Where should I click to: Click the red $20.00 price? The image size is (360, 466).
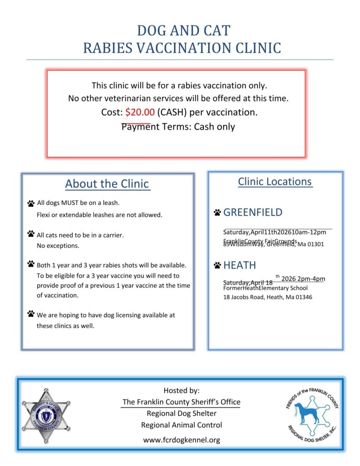click(140, 112)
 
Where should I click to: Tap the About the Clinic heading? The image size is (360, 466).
click(107, 184)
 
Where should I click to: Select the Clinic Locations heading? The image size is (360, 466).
click(275, 182)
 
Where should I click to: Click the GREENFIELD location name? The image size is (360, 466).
click(253, 212)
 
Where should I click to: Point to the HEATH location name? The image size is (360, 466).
click(239, 265)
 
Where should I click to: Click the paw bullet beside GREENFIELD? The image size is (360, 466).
click(217, 213)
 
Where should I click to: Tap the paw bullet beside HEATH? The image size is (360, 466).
click(217, 265)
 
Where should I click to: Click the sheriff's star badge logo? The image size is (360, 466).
click(46, 415)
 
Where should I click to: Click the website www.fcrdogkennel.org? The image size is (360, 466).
click(182, 440)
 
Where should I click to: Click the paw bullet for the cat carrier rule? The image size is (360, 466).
click(31, 234)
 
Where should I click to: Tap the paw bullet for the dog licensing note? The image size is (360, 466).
click(31, 314)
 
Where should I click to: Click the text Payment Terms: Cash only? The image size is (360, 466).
click(178, 127)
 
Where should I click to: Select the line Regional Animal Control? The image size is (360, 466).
click(182, 425)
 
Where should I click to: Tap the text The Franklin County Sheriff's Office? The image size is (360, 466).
click(181, 402)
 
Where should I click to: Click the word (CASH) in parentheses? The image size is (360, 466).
click(172, 112)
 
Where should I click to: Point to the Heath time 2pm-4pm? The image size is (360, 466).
click(311, 279)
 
